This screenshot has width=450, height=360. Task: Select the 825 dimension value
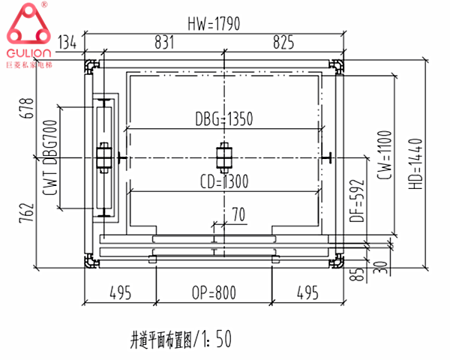283,43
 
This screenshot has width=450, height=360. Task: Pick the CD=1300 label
224,181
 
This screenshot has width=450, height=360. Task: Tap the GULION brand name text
29,55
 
